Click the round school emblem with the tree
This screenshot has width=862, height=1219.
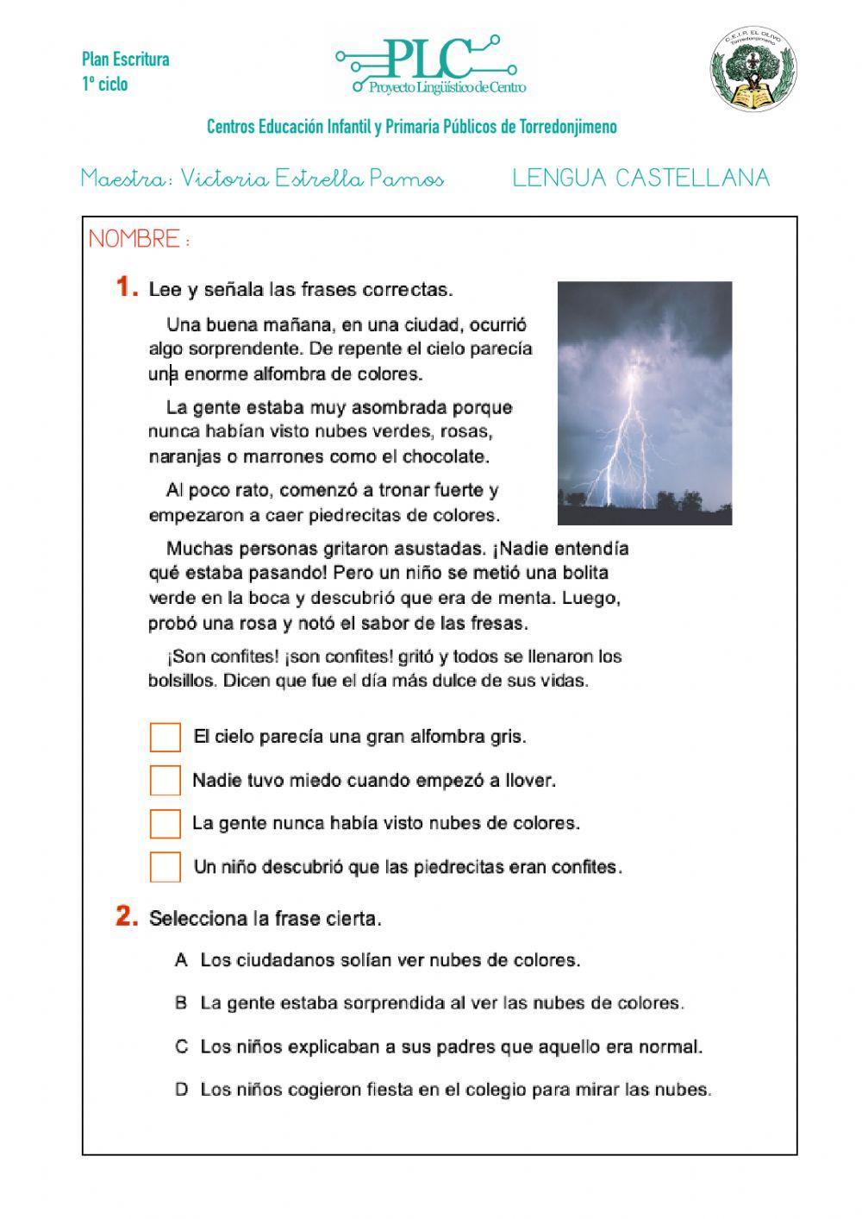753,69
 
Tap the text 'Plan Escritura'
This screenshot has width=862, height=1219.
125,60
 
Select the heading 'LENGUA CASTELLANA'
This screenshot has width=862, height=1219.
640,178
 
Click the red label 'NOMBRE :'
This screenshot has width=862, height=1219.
139,239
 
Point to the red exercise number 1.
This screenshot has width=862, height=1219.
126,287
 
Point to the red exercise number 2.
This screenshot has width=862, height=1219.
127,916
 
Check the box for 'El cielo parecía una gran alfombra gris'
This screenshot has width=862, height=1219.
166,738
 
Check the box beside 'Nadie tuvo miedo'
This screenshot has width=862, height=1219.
166,781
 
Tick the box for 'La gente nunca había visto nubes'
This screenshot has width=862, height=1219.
166,824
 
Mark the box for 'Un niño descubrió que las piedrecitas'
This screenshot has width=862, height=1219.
166,867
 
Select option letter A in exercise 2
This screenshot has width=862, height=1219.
181,960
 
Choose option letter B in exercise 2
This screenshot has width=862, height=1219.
181,1003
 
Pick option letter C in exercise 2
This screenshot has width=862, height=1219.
181,1046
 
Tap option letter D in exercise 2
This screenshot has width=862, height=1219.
181,1090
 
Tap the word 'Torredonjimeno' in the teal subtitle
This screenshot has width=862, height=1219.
568,127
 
